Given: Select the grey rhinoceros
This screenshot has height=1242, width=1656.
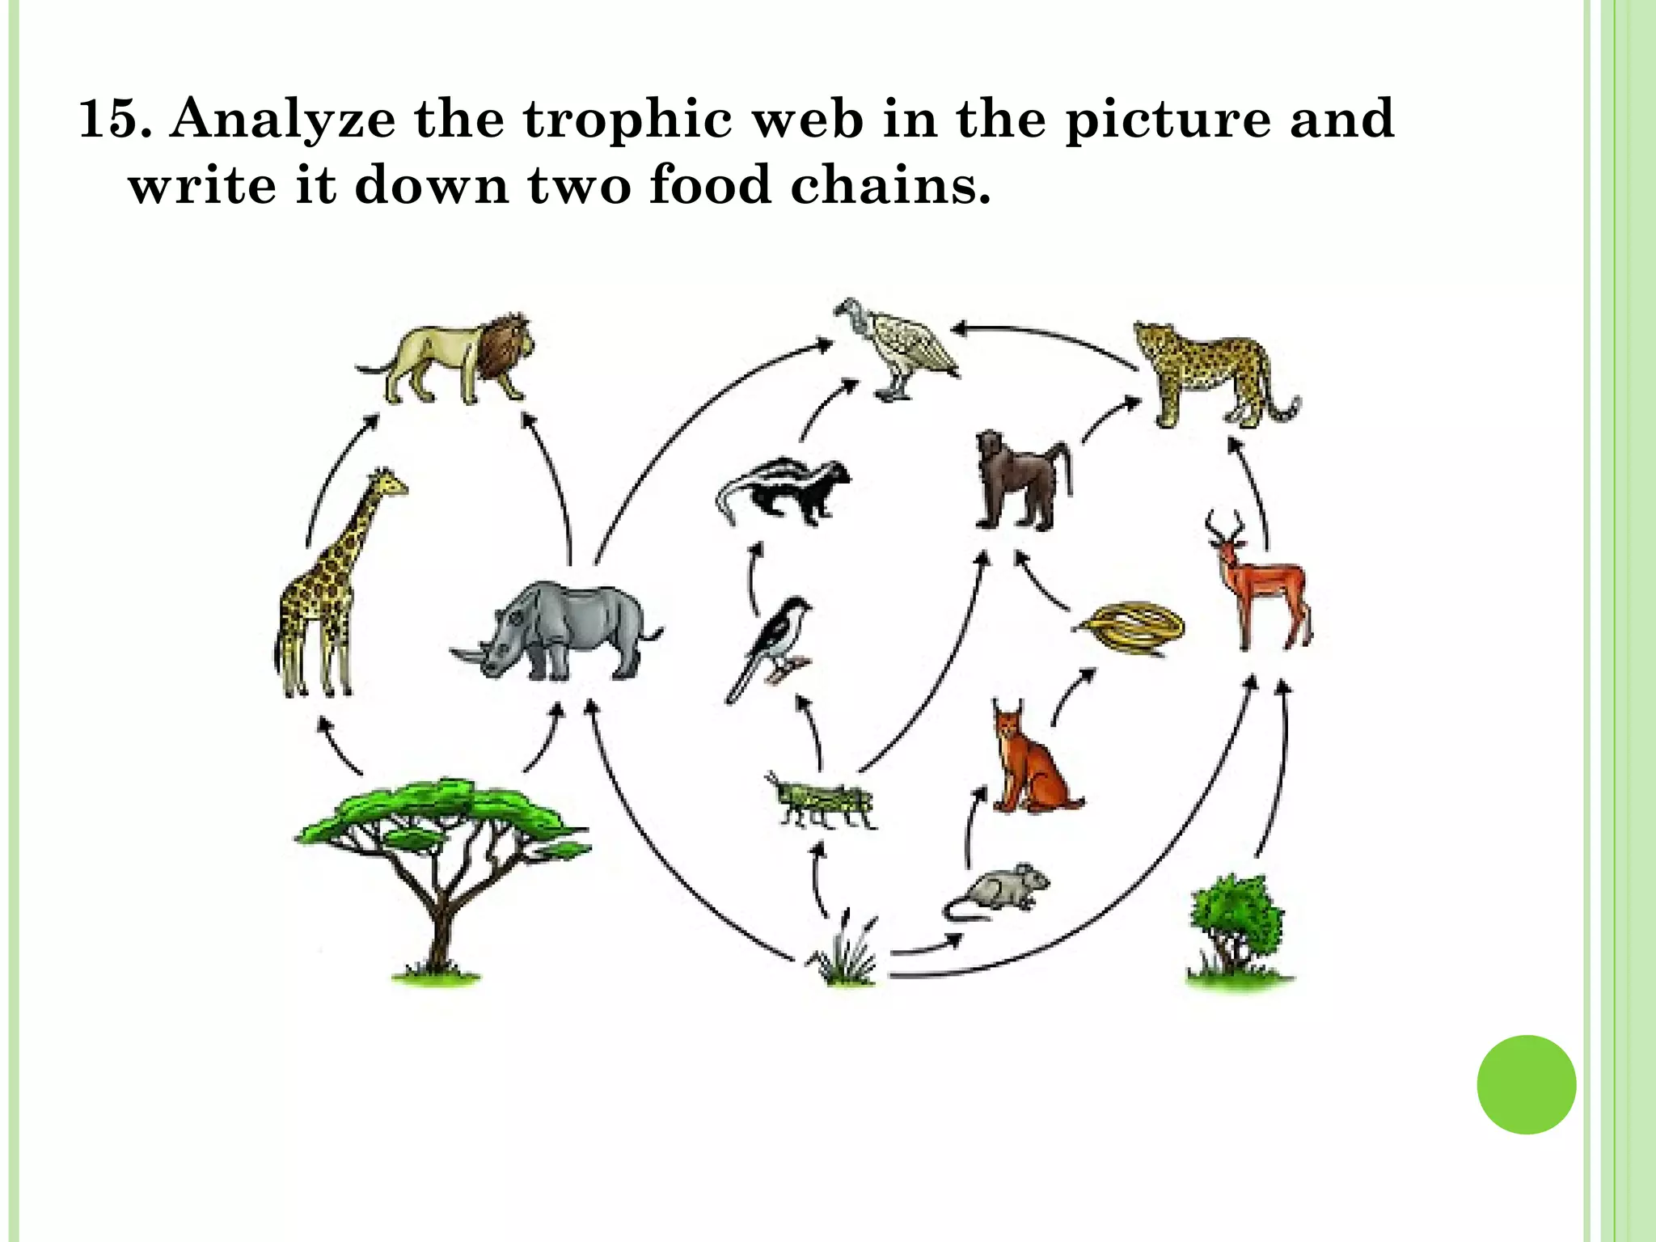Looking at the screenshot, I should click(558, 631).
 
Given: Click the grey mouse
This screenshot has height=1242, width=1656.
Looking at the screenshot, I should click(999, 889).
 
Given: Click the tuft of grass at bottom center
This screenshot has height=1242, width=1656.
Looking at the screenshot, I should click(845, 954).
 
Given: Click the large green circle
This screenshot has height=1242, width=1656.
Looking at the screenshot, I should click(1526, 1084).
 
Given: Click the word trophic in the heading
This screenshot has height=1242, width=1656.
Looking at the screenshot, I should click(627, 119).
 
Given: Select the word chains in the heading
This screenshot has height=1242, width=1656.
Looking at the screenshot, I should click(889, 185).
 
